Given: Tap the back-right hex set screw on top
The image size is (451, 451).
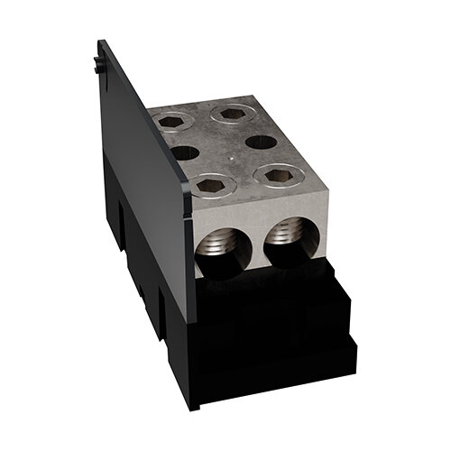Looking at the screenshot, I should pyautogui.click(x=226, y=115).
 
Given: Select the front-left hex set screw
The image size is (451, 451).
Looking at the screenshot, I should pyautogui.click(x=209, y=185).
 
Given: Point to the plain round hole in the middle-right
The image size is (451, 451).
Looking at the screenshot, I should pyautogui.click(x=258, y=143).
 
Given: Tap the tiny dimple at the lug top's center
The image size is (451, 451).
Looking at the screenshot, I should pyautogui.click(x=232, y=164).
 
